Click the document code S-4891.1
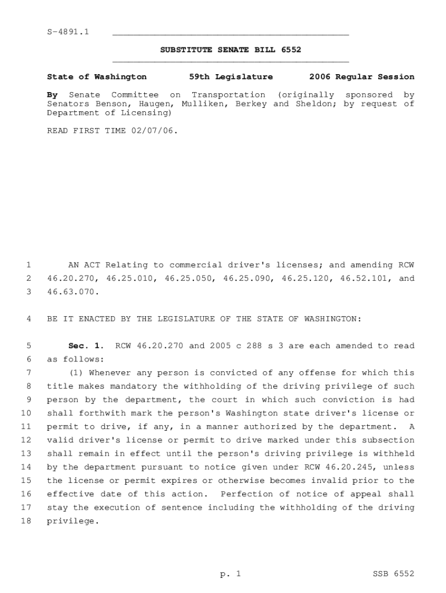68,31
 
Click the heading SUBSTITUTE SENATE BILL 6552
231,50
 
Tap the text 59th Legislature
231,76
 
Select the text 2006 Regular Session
361,76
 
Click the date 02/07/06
154,130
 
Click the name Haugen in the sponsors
157,104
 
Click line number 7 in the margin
28,373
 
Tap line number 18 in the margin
26,521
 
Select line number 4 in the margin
28,319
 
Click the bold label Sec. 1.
86,346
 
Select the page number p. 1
230,574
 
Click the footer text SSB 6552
393,574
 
